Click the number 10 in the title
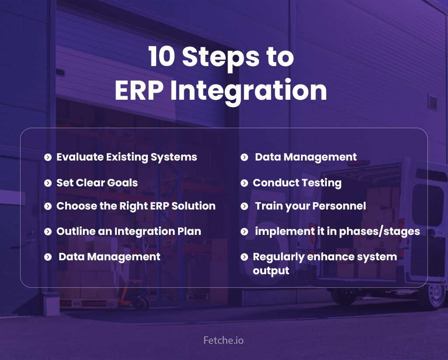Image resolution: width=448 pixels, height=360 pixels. (x=161, y=56)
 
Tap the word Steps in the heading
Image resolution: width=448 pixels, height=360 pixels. (x=221, y=58)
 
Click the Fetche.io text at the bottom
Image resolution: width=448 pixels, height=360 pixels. (x=224, y=340)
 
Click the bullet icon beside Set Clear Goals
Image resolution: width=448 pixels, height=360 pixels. (x=48, y=183)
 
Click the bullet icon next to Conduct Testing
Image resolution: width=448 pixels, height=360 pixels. (x=244, y=183)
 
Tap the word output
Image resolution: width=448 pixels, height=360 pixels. (x=271, y=271)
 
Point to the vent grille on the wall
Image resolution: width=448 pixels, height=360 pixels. (x=433, y=102)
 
